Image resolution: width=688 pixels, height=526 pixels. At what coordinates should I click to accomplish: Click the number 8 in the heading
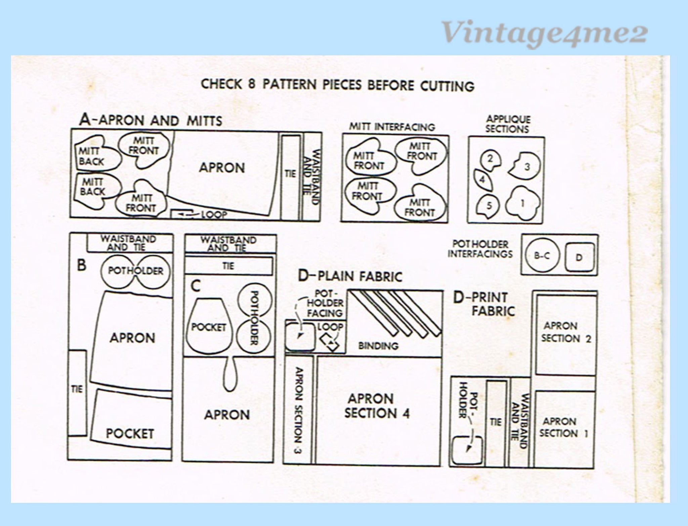(x=252, y=84)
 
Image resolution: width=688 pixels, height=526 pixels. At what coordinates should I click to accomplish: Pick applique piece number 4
(x=482, y=180)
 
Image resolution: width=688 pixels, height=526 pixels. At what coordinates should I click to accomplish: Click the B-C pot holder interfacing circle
(x=542, y=256)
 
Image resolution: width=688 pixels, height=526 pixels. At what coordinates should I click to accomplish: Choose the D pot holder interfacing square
(x=579, y=257)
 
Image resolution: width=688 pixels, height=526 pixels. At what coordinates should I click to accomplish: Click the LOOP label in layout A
(x=214, y=214)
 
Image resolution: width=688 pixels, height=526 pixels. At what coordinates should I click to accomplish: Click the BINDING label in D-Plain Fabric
(x=378, y=345)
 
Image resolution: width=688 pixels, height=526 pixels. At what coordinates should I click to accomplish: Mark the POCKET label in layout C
(x=208, y=327)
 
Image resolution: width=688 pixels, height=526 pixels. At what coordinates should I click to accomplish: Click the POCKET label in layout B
(x=130, y=433)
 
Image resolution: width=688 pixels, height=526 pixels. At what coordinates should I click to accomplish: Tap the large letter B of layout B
(x=82, y=265)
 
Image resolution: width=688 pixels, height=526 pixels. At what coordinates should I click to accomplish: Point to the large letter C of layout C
(x=195, y=286)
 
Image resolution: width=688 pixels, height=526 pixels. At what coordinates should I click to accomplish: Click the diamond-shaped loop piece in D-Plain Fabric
(x=331, y=342)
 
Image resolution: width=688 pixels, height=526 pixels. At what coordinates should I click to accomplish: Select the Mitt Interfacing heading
(x=392, y=127)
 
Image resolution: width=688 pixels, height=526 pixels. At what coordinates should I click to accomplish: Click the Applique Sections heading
(x=508, y=124)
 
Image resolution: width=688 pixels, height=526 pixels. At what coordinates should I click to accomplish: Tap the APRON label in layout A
(x=222, y=168)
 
